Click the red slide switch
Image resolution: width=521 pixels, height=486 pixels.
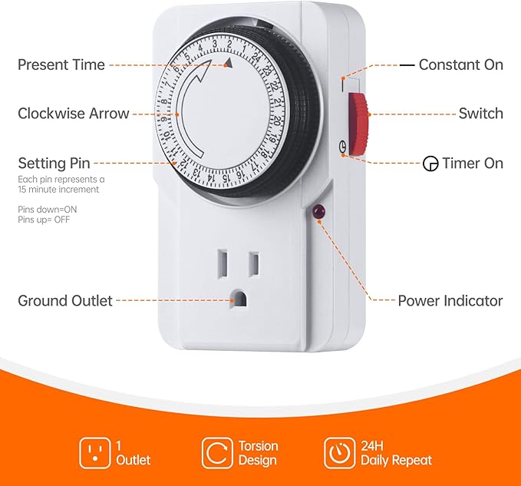click(x=358, y=124)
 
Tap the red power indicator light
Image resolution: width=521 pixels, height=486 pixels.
click(x=318, y=211)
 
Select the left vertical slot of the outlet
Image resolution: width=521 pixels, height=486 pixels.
click(x=223, y=263)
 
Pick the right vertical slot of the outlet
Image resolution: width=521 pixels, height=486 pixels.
click(x=254, y=263)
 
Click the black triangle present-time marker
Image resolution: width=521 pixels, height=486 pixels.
click(x=228, y=62)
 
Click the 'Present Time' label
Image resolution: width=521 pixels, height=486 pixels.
click(x=61, y=64)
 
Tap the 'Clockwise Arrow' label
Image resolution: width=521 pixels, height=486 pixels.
click(x=74, y=114)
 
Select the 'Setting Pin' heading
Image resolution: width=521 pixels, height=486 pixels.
click(x=54, y=164)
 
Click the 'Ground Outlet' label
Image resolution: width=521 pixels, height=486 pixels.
click(x=65, y=301)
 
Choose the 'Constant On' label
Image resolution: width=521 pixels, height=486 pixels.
click(x=461, y=64)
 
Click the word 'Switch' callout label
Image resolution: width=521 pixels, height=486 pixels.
click(x=481, y=114)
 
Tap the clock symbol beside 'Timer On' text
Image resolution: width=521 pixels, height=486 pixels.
click(x=430, y=164)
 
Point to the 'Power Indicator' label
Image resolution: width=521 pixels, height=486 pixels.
click(x=450, y=301)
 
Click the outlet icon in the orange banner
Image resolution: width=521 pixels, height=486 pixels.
click(x=94, y=453)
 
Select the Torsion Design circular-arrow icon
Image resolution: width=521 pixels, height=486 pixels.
click(x=217, y=453)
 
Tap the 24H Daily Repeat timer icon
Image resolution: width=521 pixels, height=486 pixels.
click(x=340, y=453)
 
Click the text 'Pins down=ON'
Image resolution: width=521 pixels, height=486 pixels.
click(x=47, y=210)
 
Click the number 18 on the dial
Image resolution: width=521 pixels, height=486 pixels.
click(x=265, y=154)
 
